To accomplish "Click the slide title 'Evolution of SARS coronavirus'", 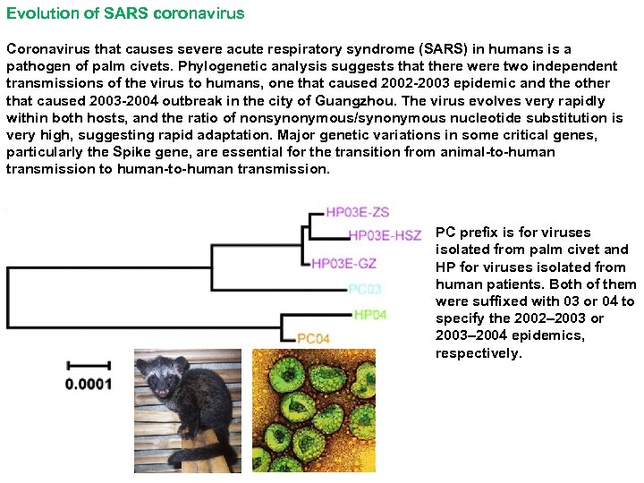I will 125,14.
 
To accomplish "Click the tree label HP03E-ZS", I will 357,212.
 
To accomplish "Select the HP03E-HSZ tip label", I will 384,235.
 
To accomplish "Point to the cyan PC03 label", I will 364,289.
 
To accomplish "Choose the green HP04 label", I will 370,315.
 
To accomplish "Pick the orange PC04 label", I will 313,338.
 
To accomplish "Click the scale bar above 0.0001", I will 89,365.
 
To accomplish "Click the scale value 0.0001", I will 89,385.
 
